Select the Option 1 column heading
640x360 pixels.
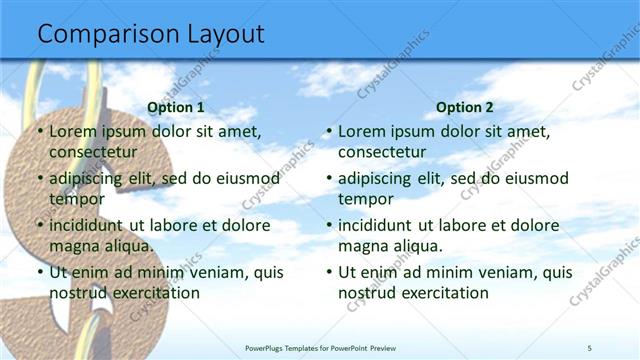coord(175,107)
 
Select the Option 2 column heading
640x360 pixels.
coord(465,107)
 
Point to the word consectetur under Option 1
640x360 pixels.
coord(92,152)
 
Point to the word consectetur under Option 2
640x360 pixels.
coord(382,152)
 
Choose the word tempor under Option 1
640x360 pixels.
coord(73,198)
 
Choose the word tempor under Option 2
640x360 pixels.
coord(363,198)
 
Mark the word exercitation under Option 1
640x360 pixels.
coord(154,293)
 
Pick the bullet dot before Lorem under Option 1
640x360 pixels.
coord(39,132)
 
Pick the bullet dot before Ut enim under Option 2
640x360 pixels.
coord(329,272)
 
